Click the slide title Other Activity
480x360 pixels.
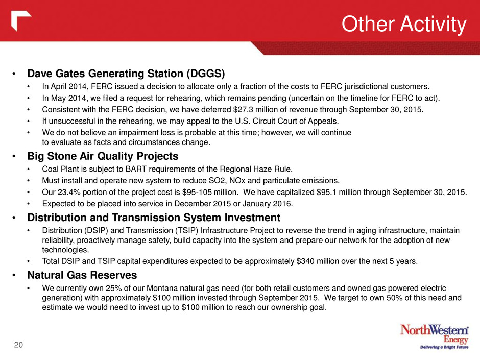point(404,24)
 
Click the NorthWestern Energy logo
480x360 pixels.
point(435,337)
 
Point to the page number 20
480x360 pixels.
point(18,345)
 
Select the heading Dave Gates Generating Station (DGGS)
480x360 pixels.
point(126,74)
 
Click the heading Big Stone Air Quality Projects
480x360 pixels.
point(103,156)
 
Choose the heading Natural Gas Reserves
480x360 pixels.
point(82,275)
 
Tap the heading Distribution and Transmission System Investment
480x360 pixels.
point(154,218)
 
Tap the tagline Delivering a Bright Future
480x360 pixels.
point(444,347)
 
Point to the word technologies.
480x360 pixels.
point(65,250)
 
